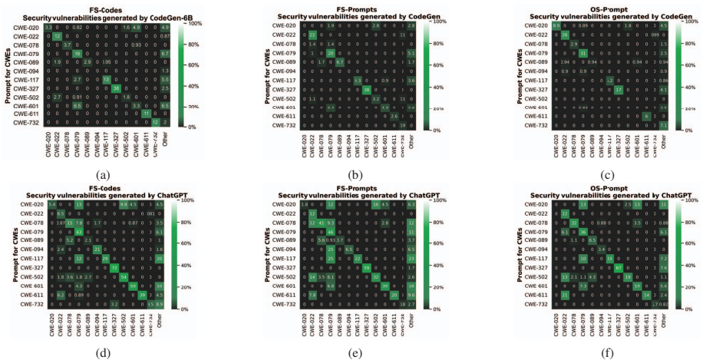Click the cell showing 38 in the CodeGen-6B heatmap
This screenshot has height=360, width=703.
point(115,88)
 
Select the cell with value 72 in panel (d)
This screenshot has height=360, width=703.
point(115,267)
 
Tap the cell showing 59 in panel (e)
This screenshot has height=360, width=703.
point(367,267)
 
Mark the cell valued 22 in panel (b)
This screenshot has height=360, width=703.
point(312,35)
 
